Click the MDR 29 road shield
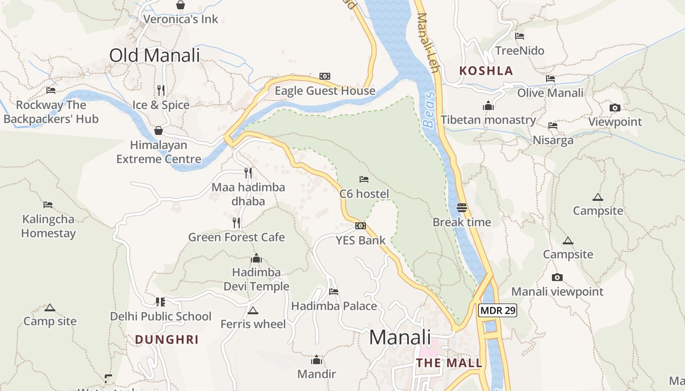click(498, 310)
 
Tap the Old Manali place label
click(155, 55)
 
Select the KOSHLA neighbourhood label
click(486, 71)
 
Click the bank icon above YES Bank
click(361, 226)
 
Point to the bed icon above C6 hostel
click(364, 179)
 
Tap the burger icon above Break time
click(461, 207)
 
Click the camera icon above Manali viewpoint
click(557, 277)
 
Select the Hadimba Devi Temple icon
click(256, 259)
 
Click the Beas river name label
click(429, 110)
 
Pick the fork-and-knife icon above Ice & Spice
click(161, 90)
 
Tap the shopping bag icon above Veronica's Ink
click(181, 5)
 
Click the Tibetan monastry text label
click(488, 120)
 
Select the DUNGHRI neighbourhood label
click(167, 340)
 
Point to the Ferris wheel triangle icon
click(253, 310)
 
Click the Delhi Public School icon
click(160, 302)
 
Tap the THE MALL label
click(449, 363)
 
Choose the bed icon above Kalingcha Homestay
click(47, 204)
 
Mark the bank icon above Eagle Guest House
click(325, 76)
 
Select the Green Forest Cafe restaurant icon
click(236, 223)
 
